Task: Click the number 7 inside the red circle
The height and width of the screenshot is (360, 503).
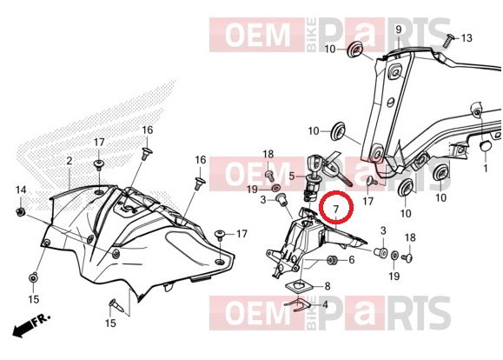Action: coord(336,209)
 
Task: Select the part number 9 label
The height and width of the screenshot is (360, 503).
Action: coord(399,30)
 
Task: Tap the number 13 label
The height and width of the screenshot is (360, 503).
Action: coord(467,38)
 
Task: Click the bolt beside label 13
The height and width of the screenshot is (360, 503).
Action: coord(447,41)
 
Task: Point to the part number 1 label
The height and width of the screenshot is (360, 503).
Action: coord(486,168)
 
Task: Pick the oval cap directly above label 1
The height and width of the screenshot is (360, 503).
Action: coord(485,145)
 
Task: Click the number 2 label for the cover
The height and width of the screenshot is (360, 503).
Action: coord(69,161)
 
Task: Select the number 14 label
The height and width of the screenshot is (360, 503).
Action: coord(21,190)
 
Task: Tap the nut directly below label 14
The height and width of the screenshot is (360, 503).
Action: coord(21,212)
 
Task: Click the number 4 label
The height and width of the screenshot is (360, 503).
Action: coord(325,304)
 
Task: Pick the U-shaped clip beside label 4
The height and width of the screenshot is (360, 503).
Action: coord(297,306)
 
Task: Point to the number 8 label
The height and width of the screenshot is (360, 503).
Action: coord(328,286)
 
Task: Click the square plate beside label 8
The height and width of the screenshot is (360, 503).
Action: coord(299,285)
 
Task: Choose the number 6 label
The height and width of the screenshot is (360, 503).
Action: coord(352,259)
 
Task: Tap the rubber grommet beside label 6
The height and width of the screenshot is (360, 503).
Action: coord(331,260)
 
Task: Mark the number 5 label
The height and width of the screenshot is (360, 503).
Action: coord(292,176)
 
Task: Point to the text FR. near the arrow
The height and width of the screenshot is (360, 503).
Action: coord(41,318)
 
